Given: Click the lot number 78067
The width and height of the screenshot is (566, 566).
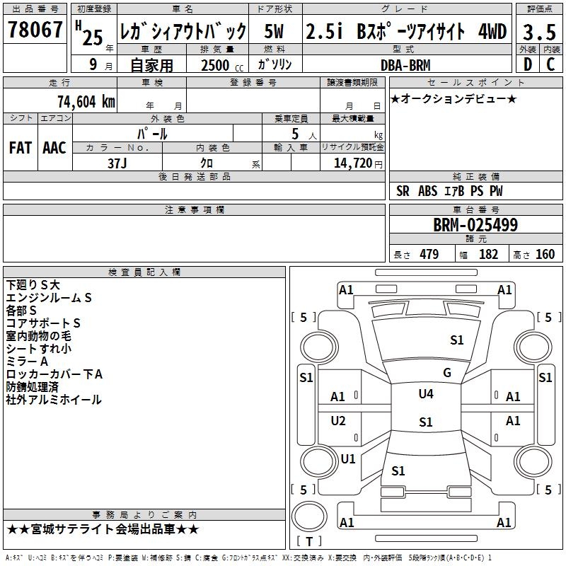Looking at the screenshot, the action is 35,31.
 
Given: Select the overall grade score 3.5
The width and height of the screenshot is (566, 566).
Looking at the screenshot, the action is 539,33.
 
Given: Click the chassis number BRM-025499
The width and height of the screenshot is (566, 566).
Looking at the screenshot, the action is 475,226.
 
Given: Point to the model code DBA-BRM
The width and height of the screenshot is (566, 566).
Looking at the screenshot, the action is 405,65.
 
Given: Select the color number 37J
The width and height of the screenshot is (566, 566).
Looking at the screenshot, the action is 117,163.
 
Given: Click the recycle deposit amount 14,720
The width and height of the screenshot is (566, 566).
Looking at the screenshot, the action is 352,163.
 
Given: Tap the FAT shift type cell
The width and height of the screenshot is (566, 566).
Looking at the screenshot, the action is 21,147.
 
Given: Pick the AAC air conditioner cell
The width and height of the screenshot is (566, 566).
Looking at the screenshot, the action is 54,147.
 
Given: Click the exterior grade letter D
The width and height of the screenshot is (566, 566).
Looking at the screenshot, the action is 527,64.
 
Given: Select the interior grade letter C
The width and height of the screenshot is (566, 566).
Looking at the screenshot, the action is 550,64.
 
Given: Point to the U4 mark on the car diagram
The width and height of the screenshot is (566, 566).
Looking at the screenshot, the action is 426,394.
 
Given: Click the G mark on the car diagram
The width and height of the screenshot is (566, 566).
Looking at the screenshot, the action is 446,373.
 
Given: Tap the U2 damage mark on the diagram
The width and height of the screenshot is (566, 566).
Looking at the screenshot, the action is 339,421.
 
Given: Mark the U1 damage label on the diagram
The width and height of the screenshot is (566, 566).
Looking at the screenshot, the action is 348,458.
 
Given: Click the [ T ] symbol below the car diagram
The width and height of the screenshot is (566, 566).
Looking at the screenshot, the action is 310,541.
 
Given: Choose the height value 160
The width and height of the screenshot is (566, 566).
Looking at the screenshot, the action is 545,255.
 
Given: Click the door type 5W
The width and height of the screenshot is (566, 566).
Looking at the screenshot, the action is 275,31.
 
